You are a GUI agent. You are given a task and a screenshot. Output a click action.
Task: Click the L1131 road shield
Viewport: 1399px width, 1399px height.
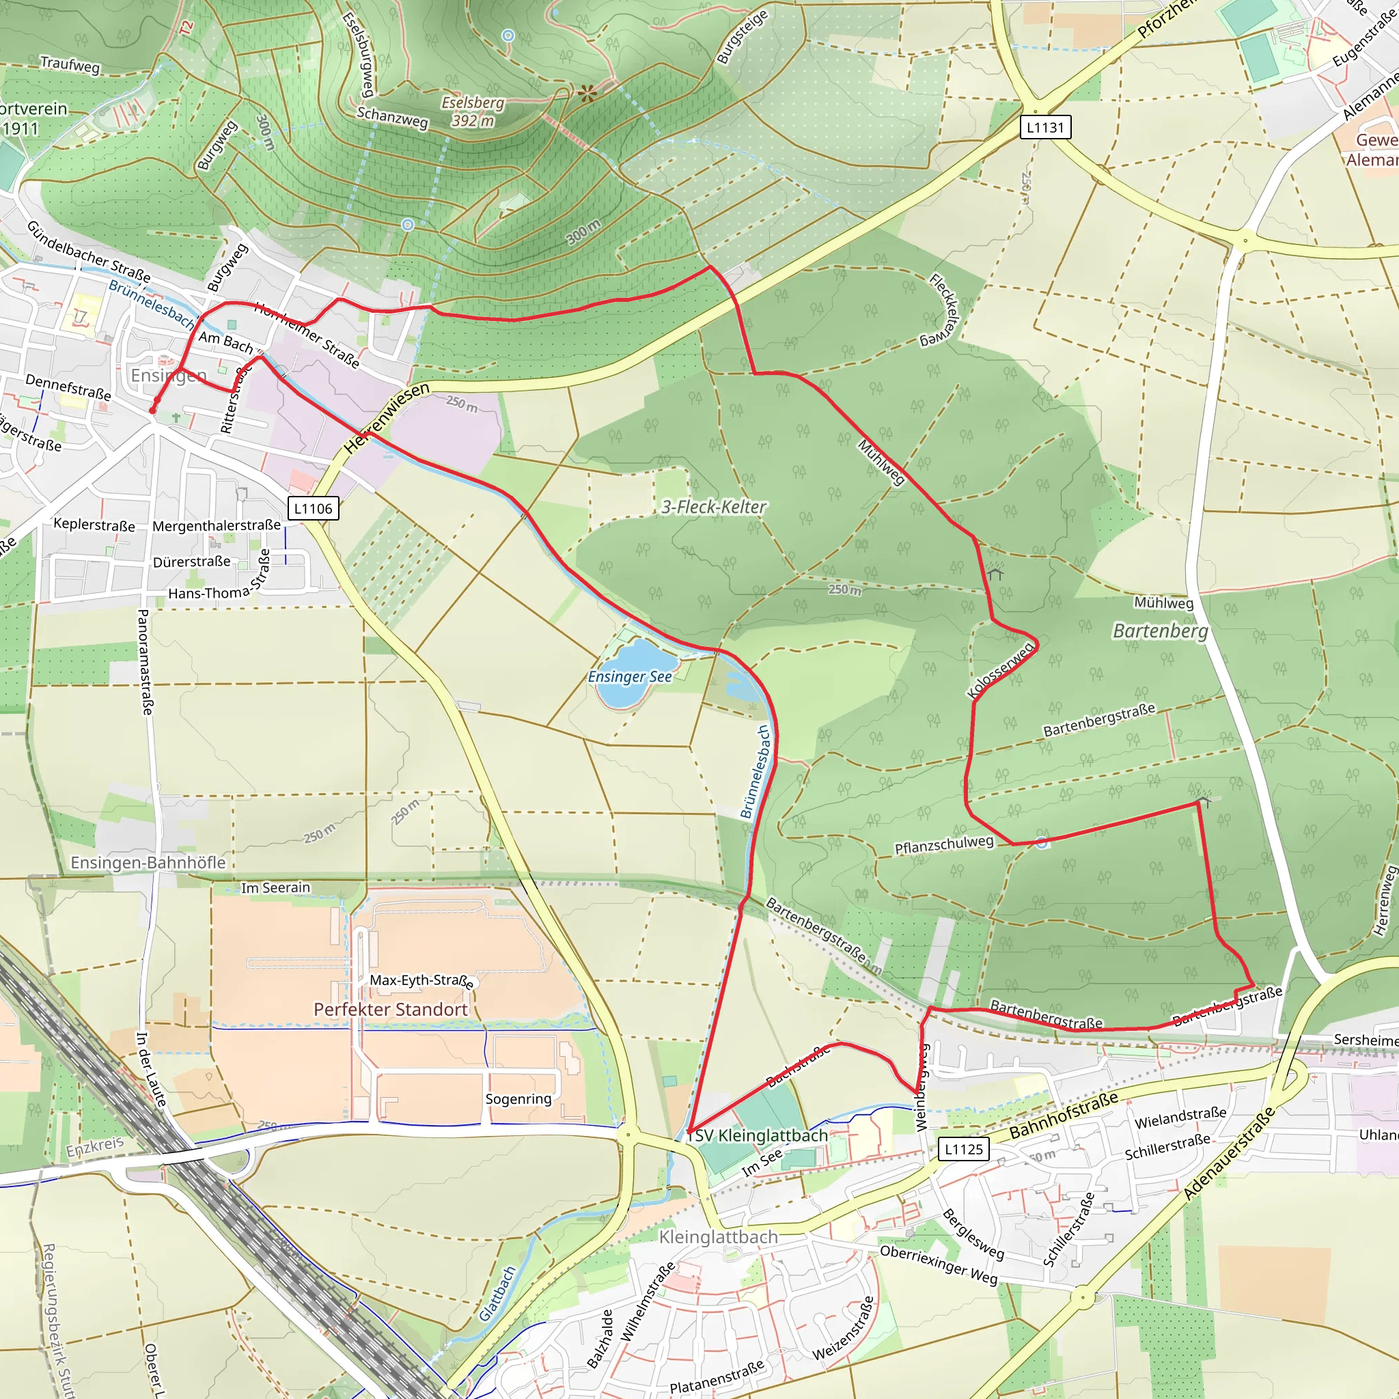point(1045,128)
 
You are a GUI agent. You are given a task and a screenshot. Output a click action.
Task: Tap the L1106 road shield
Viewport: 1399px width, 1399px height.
point(313,508)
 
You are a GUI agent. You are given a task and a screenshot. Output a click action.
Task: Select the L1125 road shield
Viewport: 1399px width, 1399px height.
point(963,1149)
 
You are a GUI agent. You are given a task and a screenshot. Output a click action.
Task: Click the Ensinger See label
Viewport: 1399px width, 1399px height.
point(629,676)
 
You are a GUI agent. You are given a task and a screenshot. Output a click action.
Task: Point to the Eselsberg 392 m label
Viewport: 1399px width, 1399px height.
point(473,111)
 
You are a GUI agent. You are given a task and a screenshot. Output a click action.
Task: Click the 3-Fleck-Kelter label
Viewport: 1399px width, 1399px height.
point(713,507)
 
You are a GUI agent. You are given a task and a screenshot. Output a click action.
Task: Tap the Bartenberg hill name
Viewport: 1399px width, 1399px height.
point(1160,631)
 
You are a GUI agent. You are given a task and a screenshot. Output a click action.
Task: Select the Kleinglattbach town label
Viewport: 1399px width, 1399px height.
point(719,1237)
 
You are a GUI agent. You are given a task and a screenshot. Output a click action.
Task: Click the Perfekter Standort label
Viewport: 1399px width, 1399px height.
point(390,1009)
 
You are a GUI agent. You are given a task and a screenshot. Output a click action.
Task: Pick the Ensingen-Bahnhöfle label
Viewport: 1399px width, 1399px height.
point(148,863)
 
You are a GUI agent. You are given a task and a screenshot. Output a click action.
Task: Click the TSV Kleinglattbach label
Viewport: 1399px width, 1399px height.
point(757,1135)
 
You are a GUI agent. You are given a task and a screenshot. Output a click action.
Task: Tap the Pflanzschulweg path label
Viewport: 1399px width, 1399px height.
point(943,844)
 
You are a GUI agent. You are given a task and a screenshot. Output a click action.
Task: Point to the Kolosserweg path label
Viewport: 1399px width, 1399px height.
point(1000,671)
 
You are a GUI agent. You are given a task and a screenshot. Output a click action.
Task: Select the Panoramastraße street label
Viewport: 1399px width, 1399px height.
point(145,662)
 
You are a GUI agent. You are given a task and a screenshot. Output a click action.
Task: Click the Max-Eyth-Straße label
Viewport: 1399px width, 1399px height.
point(422,980)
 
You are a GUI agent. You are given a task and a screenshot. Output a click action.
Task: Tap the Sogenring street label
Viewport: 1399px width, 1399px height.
point(518,1098)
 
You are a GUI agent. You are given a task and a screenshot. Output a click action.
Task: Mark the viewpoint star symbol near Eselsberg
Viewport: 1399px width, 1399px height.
point(587,93)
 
